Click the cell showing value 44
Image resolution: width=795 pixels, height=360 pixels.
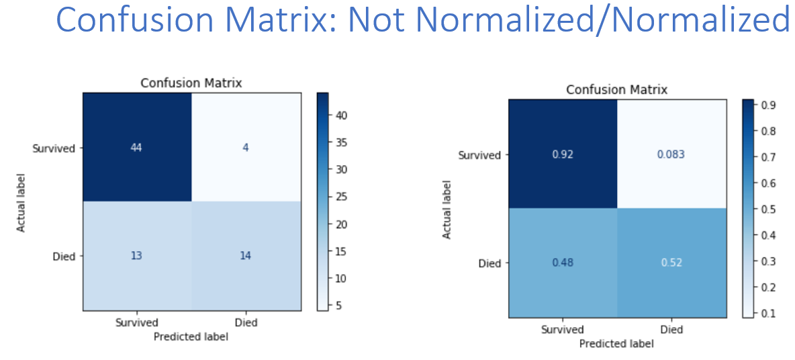(137, 147)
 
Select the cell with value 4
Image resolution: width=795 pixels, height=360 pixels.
(246, 147)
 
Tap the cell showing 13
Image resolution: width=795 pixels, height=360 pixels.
(137, 255)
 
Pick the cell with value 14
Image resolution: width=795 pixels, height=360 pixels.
(246, 255)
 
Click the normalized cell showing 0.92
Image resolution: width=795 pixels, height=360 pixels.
(563, 154)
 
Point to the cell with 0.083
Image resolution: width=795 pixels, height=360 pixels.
(671, 154)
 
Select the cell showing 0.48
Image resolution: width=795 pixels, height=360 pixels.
(563, 263)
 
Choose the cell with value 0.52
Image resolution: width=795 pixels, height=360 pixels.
(671, 263)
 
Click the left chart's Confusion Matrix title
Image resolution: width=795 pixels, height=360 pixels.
(191, 83)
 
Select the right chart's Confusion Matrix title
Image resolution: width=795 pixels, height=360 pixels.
(616, 90)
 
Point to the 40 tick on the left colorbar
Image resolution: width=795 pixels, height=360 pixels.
(334, 116)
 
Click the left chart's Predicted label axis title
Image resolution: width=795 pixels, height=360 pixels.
(191, 336)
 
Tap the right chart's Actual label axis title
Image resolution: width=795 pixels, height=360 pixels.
(447, 208)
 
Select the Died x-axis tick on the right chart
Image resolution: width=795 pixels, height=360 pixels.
(671, 329)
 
